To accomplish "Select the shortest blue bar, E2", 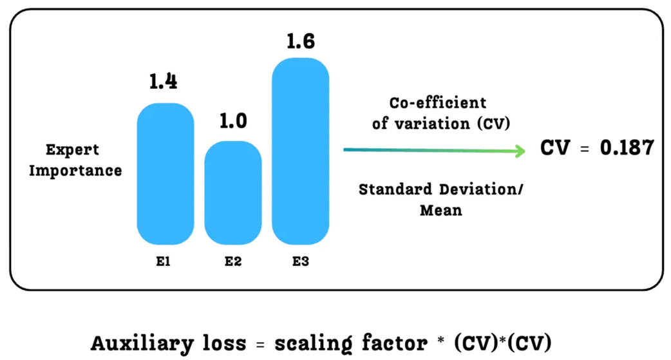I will coord(232,193).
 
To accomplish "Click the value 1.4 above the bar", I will coord(164,82).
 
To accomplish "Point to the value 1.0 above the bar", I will coord(232,121).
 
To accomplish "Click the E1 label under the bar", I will coord(164,263).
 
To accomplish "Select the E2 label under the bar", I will coord(232,263).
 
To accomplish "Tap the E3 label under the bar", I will coord(300,263).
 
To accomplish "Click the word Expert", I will coord(72,150).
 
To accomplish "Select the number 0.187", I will coord(627,148).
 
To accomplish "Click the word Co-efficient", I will coord(437,103).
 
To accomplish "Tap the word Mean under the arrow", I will coord(441,211).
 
